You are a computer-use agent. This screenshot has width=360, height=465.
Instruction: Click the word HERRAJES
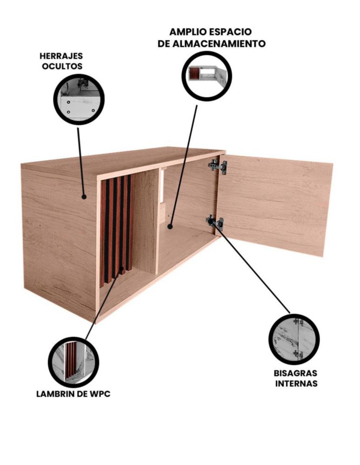(61, 56)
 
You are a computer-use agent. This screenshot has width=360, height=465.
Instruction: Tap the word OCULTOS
(62, 66)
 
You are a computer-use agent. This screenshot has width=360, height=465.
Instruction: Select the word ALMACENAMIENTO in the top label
(219, 44)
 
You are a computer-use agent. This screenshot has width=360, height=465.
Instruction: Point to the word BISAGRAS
(295, 373)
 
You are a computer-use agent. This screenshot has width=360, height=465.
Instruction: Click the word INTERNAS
(296, 384)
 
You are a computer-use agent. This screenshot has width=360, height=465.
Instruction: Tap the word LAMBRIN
(54, 394)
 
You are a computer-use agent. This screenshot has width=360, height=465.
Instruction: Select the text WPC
(100, 394)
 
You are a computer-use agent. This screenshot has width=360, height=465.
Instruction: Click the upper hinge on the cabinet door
(218, 166)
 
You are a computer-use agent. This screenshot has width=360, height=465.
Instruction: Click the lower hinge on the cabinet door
(215, 222)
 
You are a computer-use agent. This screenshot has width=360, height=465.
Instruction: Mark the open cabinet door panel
(274, 205)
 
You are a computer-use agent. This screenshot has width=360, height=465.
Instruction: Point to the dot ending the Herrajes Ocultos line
(84, 196)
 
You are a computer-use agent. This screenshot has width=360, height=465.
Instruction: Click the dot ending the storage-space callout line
(170, 226)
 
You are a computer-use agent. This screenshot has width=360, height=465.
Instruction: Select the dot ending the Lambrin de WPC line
(122, 270)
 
